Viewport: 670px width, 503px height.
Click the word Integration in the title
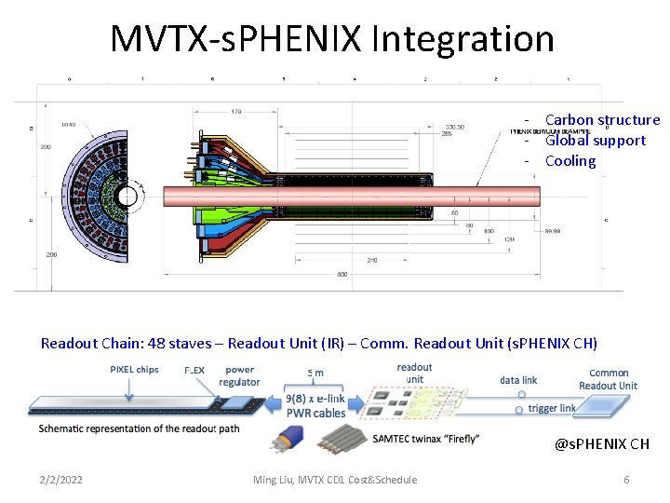point(462,39)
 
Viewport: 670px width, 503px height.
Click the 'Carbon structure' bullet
point(602,120)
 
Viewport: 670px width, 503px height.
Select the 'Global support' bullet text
point(595,141)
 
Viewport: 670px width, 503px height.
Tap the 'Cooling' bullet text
point(569,161)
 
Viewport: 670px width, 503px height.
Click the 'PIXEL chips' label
point(134,370)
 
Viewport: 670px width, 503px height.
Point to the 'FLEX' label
point(194,370)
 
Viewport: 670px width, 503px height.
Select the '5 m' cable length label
point(316,373)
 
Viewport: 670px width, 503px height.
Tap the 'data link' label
point(518,380)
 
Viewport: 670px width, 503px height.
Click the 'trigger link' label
point(553,408)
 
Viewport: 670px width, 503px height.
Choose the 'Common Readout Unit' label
point(609,379)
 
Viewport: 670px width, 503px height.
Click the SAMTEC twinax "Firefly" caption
point(425,439)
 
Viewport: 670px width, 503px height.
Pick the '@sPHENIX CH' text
point(602,444)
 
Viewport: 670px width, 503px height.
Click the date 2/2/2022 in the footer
point(60,480)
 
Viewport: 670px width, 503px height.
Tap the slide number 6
point(626,480)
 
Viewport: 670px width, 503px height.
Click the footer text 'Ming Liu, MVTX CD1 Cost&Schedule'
point(335,480)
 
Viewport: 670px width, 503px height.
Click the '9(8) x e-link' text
point(315,399)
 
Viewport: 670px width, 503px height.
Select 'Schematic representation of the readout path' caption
point(139,428)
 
